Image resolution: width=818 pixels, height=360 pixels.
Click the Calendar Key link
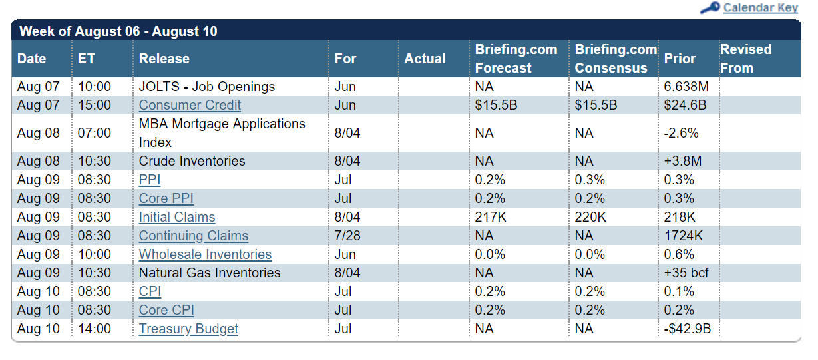pyautogui.click(x=760, y=8)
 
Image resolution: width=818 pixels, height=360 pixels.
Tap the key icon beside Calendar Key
pyautogui.click(x=710, y=8)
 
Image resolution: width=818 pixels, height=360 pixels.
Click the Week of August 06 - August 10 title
pyautogui.click(x=118, y=31)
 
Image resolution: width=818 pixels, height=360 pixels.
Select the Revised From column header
pyautogui.click(x=745, y=59)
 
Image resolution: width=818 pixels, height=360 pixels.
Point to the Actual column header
pyautogui.click(x=425, y=59)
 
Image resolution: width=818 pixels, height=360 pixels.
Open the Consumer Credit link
pyautogui.click(x=190, y=105)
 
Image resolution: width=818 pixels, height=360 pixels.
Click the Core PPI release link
pyautogui.click(x=166, y=198)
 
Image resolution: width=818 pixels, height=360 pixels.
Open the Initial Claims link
pyautogui.click(x=177, y=217)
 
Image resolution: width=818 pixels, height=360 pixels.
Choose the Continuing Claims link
pyautogui.click(x=193, y=236)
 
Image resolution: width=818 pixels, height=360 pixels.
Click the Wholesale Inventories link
pyautogui.click(x=205, y=254)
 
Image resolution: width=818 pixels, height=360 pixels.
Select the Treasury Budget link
pyautogui.click(x=188, y=329)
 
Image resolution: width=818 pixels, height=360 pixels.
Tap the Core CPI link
pyautogui.click(x=166, y=310)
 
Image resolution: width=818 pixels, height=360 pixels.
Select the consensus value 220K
pyautogui.click(x=590, y=217)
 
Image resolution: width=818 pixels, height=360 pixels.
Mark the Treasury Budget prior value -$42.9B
pyautogui.click(x=688, y=329)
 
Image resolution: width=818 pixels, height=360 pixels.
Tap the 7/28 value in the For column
pyautogui.click(x=347, y=236)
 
